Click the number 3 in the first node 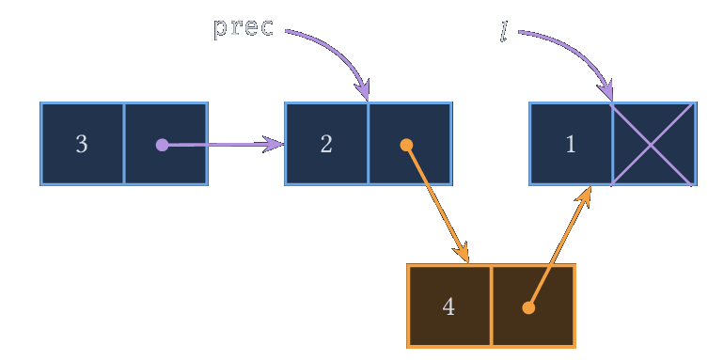tap(82, 144)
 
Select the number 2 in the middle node tap(326, 144)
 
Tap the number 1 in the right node tap(571, 144)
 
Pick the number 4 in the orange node tap(448, 306)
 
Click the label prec tap(244, 27)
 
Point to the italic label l tap(504, 32)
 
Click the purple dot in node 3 tap(162, 145)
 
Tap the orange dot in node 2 tap(406, 145)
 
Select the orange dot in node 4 tap(528, 307)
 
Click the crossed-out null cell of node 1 tap(652, 144)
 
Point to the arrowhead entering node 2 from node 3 tap(274, 145)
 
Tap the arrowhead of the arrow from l tap(606, 90)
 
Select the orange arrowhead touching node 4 tap(463, 252)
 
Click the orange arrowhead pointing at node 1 tap(584, 196)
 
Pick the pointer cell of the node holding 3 tap(165, 144)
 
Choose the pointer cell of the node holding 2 tap(410, 144)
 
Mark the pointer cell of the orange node tap(533, 306)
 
